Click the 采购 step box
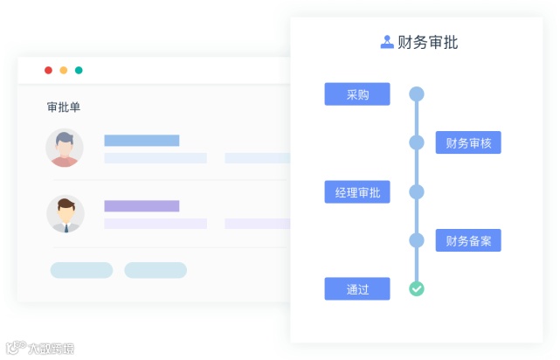coord(356,94)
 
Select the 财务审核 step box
coord(468,142)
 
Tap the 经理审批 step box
coord(356,192)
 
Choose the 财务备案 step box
coord(468,240)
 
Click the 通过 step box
coord(356,288)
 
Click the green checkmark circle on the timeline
coord(417,288)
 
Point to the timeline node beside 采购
coord(417,94)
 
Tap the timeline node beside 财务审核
coord(417,142)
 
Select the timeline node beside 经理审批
coord(417,192)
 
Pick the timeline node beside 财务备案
coord(417,240)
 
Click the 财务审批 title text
coord(427,42)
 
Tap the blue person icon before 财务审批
coord(387,42)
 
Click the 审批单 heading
coord(64,107)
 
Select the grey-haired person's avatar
coord(65,148)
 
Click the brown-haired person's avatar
coord(65,213)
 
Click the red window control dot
coord(48,70)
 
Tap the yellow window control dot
coord(63,70)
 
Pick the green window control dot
coord(79,70)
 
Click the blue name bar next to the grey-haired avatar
coord(142,141)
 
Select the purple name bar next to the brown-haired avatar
coord(142,206)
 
